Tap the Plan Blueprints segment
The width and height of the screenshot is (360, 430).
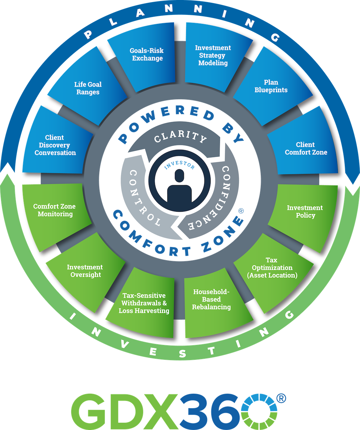[271, 86]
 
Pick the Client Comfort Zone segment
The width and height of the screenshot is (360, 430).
[306, 148]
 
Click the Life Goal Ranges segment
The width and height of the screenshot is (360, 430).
[88, 88]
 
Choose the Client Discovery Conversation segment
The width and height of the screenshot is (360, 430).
[55, 145]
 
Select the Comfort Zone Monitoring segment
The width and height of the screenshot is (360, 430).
[55, 210]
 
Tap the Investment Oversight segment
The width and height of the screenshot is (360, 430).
[85, 271]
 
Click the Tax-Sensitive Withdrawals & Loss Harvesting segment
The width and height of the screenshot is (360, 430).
[144, 303]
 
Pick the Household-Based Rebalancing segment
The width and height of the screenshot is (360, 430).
[211, 299]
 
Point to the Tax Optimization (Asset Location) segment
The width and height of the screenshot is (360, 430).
[272, 268]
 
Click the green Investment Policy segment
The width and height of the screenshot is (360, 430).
[305, 211]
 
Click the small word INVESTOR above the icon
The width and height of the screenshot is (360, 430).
[179, 165]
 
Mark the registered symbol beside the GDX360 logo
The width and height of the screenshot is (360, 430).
[281, 398]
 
